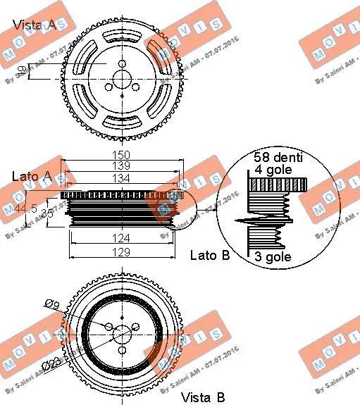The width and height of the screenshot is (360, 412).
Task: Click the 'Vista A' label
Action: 35,25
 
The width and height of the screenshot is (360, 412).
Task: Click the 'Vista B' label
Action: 202,398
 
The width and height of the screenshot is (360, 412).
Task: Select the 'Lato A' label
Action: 30,175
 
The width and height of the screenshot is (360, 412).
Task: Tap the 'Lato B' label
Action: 210,255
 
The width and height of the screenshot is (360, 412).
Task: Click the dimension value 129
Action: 121,251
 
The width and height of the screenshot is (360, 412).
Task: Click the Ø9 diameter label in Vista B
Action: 51,304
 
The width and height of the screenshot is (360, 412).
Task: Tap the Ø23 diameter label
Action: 50,364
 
